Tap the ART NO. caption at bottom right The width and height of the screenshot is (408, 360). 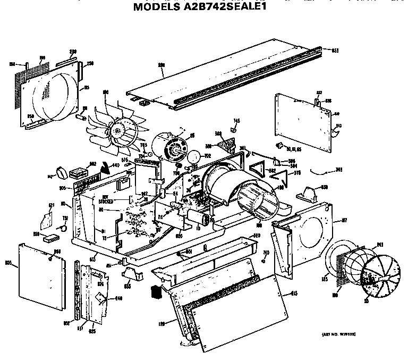tap(338, 333)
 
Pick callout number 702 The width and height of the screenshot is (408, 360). tap(207, 155)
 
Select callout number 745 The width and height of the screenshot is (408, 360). tap(237, 121)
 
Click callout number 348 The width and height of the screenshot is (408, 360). tap(338, 170)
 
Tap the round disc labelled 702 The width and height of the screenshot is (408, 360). tap(195, 156)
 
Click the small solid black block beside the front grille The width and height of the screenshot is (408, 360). tap(156, 291)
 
